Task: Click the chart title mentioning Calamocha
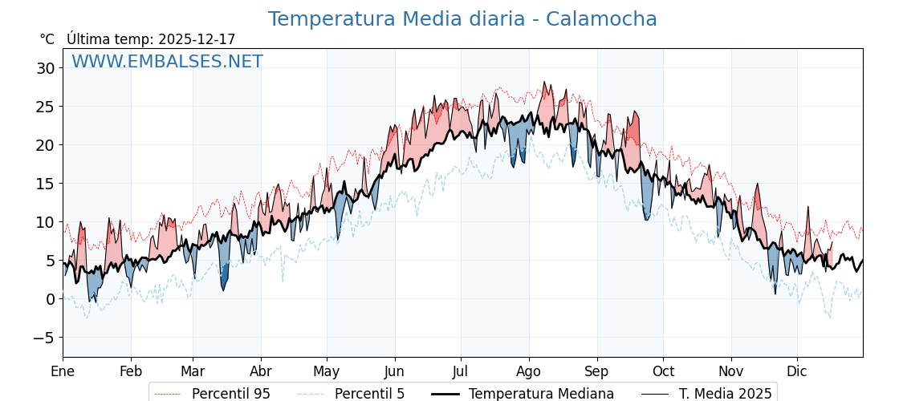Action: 462,19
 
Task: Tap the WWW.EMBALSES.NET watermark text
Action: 167,62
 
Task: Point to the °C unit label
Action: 47,39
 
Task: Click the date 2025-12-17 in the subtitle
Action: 197,39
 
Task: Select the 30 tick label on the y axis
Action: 45,68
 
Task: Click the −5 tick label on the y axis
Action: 43,338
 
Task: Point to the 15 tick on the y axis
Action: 45,184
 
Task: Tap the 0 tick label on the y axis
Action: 50,299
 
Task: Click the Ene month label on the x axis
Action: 63,371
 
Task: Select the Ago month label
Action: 528,371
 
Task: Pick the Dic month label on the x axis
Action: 797,371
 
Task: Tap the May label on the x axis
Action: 326,371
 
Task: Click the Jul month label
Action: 461,371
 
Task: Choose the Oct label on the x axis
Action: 663,371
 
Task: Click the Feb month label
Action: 131,371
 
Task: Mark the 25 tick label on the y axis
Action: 45,107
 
